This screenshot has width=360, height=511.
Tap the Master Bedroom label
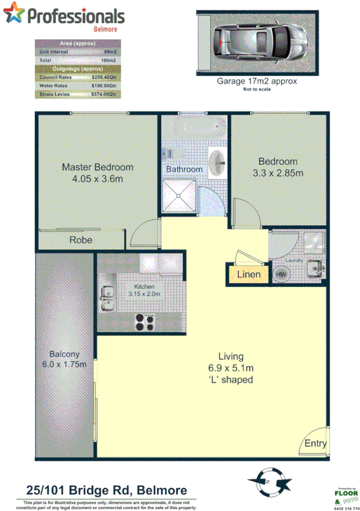click(x=98, y=167)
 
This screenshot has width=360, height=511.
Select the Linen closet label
click(x=249, y=275)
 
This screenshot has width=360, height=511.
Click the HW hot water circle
click(x=281, y=274)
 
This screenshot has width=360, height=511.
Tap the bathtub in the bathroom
click(x=194, y=127)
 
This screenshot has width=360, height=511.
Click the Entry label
click(x=315, y=444)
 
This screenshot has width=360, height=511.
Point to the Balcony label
click(x=65, y=354)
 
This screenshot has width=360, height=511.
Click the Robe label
click(x=80, y=239)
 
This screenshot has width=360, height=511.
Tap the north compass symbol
click(x=269, y=481)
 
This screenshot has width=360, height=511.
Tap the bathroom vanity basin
click(x=217, y=160)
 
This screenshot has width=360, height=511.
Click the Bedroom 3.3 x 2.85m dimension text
click(x=278, y=173)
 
